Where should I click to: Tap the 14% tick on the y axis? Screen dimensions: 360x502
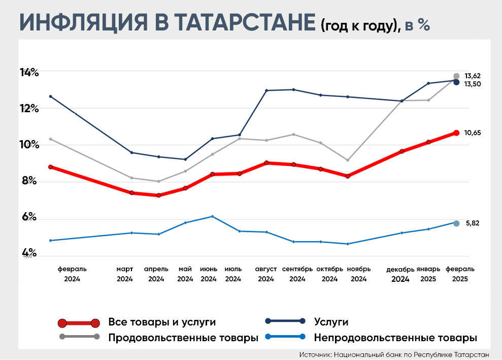click(29, 73)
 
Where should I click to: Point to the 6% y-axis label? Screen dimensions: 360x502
click(29, 217)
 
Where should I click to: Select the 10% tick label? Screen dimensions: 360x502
click(29, 145)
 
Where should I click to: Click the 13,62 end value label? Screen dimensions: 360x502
click(473, 76)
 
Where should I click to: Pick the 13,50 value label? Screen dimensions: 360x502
click(473, 84)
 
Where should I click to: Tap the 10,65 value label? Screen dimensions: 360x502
click(473, 133)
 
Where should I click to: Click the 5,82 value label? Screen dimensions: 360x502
click(473, 223)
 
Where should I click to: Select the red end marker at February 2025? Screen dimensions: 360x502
click(456, 133)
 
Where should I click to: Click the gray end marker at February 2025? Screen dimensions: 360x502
click(456, 76)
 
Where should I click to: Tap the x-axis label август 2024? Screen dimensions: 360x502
click(266, 274)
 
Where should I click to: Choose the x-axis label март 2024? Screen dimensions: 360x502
click(125, 274)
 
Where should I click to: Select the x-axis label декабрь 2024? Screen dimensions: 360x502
click(400, 274)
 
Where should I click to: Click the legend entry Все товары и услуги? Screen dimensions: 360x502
click(162, 322)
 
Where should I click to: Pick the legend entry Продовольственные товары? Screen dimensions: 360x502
click(183, 337)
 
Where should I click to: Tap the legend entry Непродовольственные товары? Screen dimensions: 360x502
click(395, 337)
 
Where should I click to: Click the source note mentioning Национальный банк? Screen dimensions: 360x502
click(394, 354)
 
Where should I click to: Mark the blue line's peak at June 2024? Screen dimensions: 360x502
click(212, 216)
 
